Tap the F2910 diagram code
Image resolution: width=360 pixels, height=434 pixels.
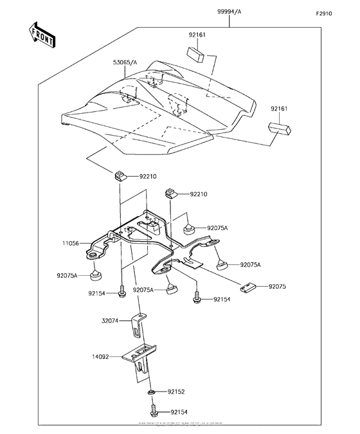(x=323, y=14)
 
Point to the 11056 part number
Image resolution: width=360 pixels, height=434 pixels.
(x=72, y=243)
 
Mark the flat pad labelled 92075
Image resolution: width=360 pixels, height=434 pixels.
(x=248, y=287)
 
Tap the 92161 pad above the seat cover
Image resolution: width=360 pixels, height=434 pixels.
(x=195, y=53)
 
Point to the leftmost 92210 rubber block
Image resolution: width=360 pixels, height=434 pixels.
(x=120, y=176)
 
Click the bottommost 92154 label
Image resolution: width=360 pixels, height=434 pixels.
(x=180, y=411)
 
